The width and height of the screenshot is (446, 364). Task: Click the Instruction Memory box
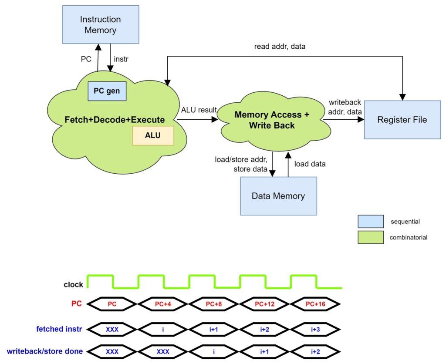coord(101,24)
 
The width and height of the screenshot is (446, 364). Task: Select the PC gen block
coord(107,91)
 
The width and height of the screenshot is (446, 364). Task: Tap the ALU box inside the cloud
coord(153,135)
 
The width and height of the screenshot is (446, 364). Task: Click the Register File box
coord(402,120)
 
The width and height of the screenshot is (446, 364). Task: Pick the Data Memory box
coord(278,196)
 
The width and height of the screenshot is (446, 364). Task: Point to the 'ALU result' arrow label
coord(199,110)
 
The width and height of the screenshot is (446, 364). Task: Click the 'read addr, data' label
coord(280,46)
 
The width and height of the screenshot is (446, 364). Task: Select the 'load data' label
coord(310,164)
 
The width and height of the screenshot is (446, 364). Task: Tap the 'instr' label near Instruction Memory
coord(122,59)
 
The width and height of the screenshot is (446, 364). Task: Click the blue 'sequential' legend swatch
coord(371,222)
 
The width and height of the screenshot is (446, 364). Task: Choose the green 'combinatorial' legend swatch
coord(371,237)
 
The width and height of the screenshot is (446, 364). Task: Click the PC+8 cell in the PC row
coord(213,304)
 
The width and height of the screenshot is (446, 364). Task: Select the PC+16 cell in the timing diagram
coord(315,304)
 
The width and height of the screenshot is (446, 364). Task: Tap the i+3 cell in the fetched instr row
coord(315,329)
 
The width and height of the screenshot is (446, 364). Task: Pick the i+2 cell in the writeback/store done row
coord(315,351)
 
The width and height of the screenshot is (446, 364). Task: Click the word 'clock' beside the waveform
coord(73,285)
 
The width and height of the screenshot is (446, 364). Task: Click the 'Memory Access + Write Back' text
coord(272,120)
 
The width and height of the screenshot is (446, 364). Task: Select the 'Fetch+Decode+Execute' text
coord(115,120)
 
